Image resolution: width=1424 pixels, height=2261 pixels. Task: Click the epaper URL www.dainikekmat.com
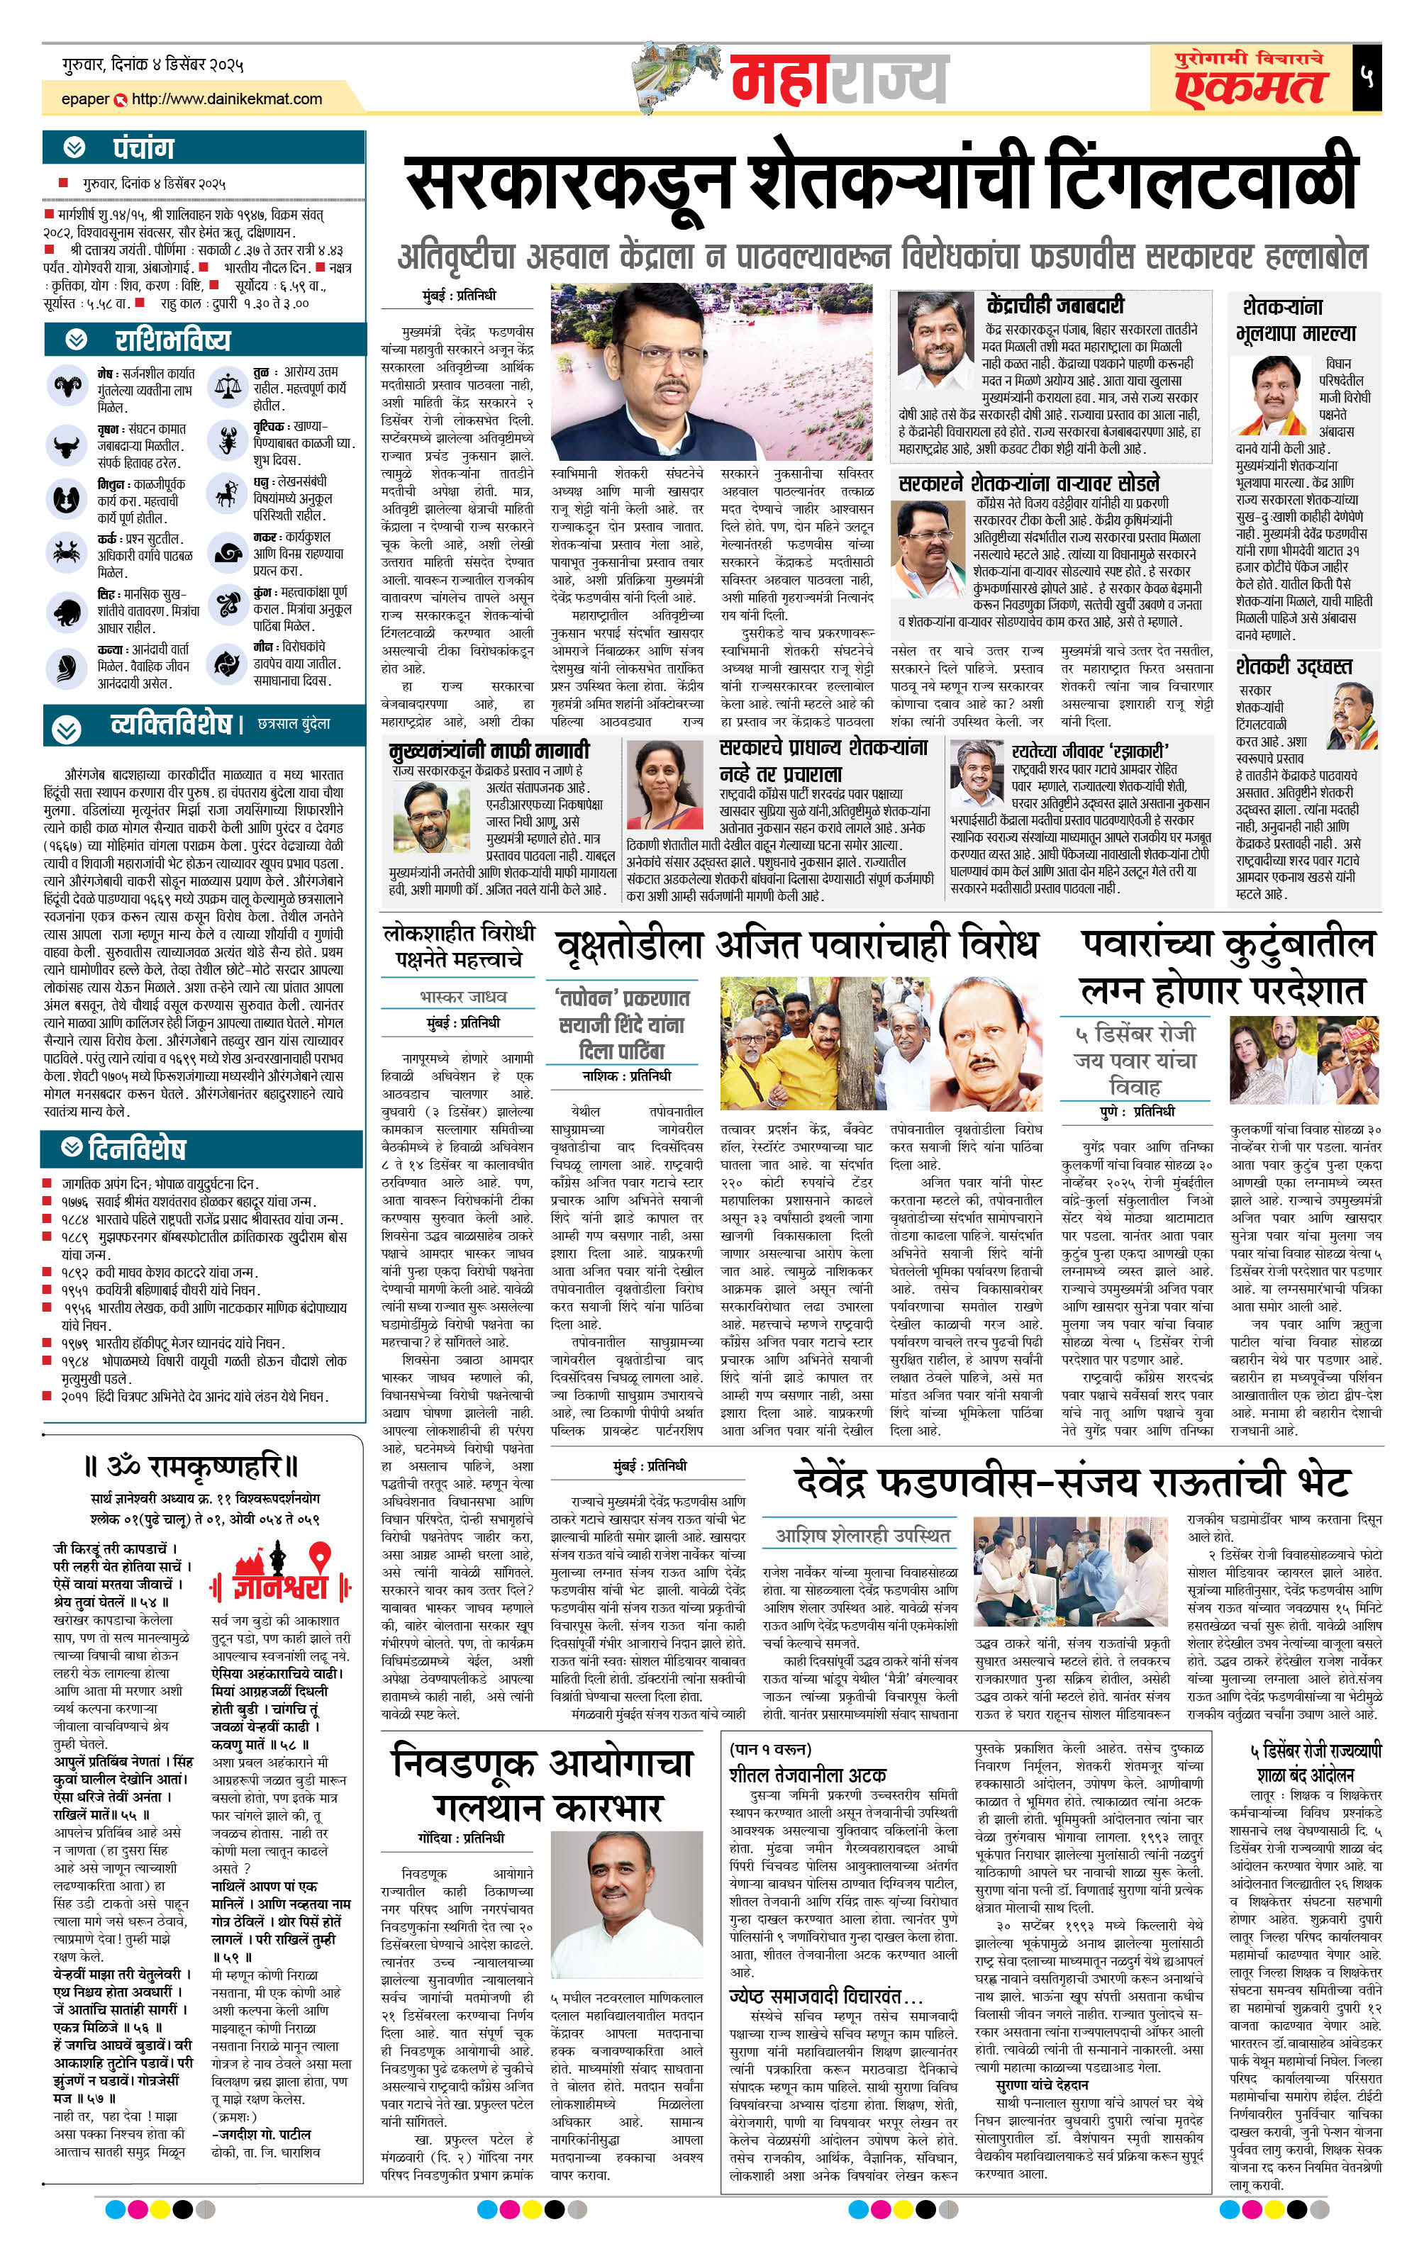point(226,99)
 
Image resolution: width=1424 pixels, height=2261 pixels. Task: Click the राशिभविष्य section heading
point(172,339)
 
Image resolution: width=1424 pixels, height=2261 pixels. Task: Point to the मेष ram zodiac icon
point(66,385)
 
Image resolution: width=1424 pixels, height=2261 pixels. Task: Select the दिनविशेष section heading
point(137,1149)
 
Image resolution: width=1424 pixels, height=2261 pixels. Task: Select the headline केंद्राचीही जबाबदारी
point(1055,304)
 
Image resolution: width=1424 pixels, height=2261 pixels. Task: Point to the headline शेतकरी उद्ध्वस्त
point(1294,666)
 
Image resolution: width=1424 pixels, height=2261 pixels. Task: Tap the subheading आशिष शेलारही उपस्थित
point(862,1535)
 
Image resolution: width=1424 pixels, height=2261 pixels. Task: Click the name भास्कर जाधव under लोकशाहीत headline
point(463,996)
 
